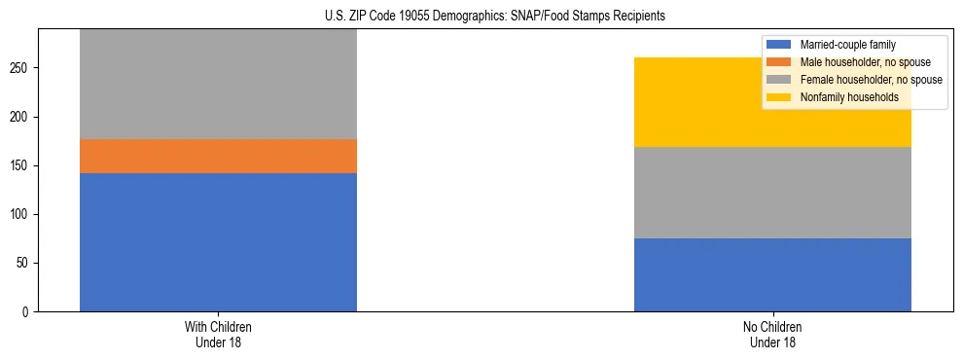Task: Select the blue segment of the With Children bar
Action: pyautogui.click(x=218, y=242)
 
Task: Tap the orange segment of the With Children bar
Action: pyautogui.click(x=218, y=156)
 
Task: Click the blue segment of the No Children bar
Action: pyautogui.click(x=772, y=274)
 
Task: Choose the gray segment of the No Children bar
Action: pyautogui.click(x=772, y=193)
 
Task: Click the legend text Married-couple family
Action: pyautogui.click(x=847, y=45)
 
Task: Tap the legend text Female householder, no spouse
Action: pyautogui.click(x=871, y=80)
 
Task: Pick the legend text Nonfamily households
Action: pyautogui.click(x=842, y=97)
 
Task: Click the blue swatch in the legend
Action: pyautogui.click(x=779, y=45)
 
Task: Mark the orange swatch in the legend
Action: pyautogui.click(x=779, y=62)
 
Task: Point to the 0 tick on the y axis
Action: pyautogui.click(x=28, y=311)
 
